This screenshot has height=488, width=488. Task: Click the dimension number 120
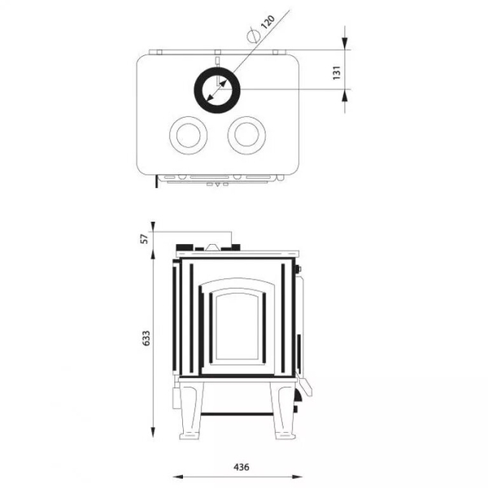click(x=268, y=22)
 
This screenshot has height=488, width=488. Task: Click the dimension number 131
click(x=337, y=73)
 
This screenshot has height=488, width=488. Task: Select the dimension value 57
click(x=146, y=238)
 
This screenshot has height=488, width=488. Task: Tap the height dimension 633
click(x=146, y=338)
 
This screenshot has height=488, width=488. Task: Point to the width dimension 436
click(x=242, y=467)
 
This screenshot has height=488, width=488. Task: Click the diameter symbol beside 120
click(x=253, y=36)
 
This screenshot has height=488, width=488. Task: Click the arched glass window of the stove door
click(x=237, y=326)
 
